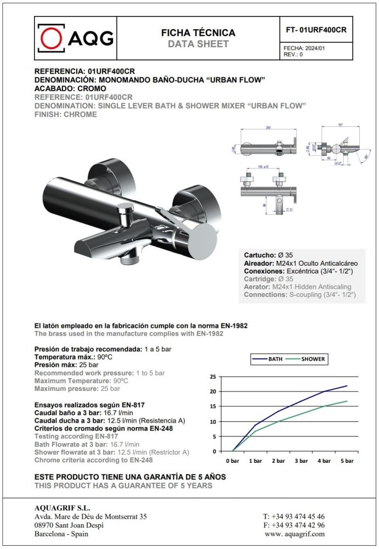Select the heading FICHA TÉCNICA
tap(198, 33)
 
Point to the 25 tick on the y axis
tap(213, 377)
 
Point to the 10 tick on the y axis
tap(213, 422)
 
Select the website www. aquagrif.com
tap(294, 534)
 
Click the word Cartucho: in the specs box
tap(259, 255)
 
